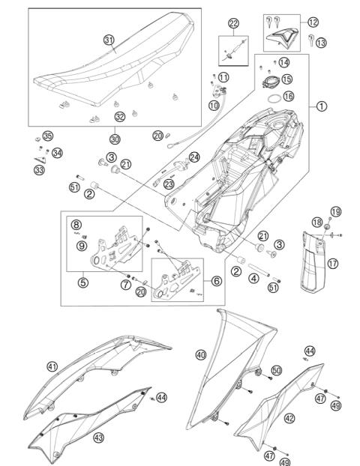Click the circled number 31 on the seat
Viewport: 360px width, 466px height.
coord(109,40)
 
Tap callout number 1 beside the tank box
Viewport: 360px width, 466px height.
coord(321,106)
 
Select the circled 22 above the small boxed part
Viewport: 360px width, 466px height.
coord(234,24)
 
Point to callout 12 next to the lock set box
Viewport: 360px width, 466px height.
coord(313,22)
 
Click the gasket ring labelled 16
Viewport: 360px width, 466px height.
coord(274,97)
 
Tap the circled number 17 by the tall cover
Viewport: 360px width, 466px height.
coord(332,263)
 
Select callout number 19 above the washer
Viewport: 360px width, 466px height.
coord(334,211)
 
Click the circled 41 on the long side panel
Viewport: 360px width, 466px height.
coord(52,366)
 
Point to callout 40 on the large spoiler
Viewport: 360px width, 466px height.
coord(200,354)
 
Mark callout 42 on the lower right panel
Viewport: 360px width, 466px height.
coord(289,418)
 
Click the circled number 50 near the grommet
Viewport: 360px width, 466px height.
coord(277,370)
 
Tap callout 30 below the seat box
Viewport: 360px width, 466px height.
coord(115,139)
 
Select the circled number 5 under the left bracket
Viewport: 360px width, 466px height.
coord(82,283)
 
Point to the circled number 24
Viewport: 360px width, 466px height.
coord(194,157)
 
